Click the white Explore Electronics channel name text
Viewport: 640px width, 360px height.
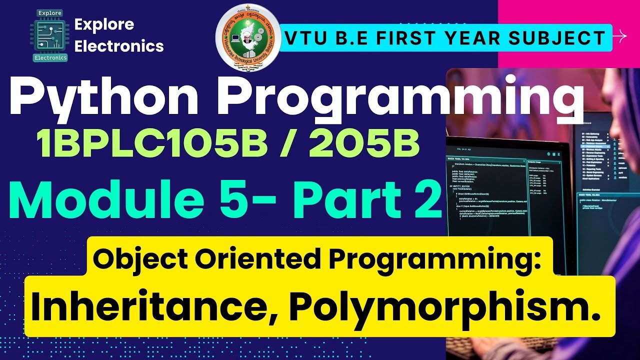118,35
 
